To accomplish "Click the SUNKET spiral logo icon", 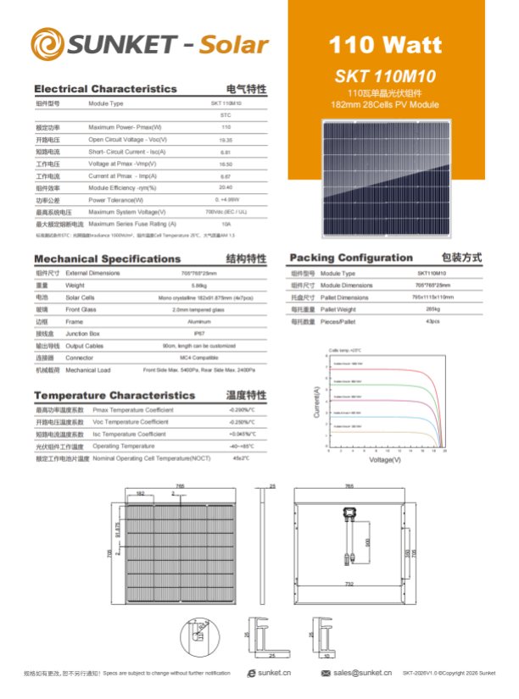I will tap(47, 44).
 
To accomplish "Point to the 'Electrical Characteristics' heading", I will tap(105, 89).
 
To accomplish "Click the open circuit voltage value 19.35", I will tap(226, 140).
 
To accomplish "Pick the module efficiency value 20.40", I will tap(226, 188).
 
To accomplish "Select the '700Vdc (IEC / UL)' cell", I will tap(226, 212).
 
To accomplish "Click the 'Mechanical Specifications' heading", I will tap(107, 259).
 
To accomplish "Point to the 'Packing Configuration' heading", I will tap(351, 258).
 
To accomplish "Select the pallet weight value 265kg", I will tap(432, 310).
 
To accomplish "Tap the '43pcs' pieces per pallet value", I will tap(432, 322).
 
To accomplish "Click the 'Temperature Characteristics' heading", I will tap(114, 396).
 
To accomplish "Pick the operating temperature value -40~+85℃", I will tap(241, 446).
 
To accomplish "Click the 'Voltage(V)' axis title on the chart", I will tap(385, 460).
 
